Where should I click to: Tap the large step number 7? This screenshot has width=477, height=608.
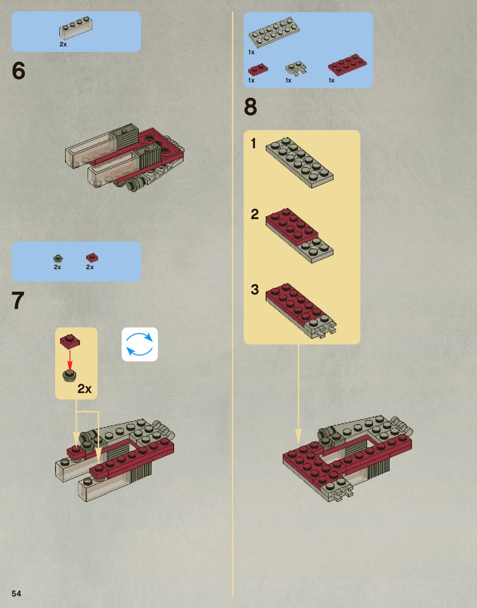(18, 301)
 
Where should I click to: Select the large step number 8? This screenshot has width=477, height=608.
(250, 106)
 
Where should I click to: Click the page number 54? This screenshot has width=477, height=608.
(16, 594)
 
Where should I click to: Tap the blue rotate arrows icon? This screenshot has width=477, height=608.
(140, 344)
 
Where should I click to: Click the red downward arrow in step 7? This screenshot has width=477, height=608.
(70, 359)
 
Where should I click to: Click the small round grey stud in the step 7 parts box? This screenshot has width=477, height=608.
(58, 258)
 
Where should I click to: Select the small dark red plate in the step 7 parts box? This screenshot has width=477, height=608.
(92, 258)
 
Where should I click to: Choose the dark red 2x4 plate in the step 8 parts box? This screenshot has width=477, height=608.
(347, 64)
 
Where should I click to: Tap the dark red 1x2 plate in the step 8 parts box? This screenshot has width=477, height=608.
(258, 69)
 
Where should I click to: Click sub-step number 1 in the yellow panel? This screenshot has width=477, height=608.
(254, 144)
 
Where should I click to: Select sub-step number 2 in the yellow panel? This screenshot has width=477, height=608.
(254, 214)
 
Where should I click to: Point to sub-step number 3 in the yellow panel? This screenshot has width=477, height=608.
(254, 290)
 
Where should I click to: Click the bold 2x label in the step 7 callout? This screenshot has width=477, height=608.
(84, 388)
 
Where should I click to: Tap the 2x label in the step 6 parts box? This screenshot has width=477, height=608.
(63, 44)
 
